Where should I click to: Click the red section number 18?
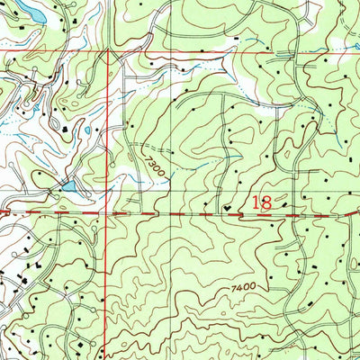pos(262,204)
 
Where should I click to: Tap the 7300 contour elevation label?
pos(153,164)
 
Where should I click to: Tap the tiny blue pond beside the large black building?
pos(86,131)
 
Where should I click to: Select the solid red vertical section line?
pos(109,270)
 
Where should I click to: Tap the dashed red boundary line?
pos(180,215)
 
